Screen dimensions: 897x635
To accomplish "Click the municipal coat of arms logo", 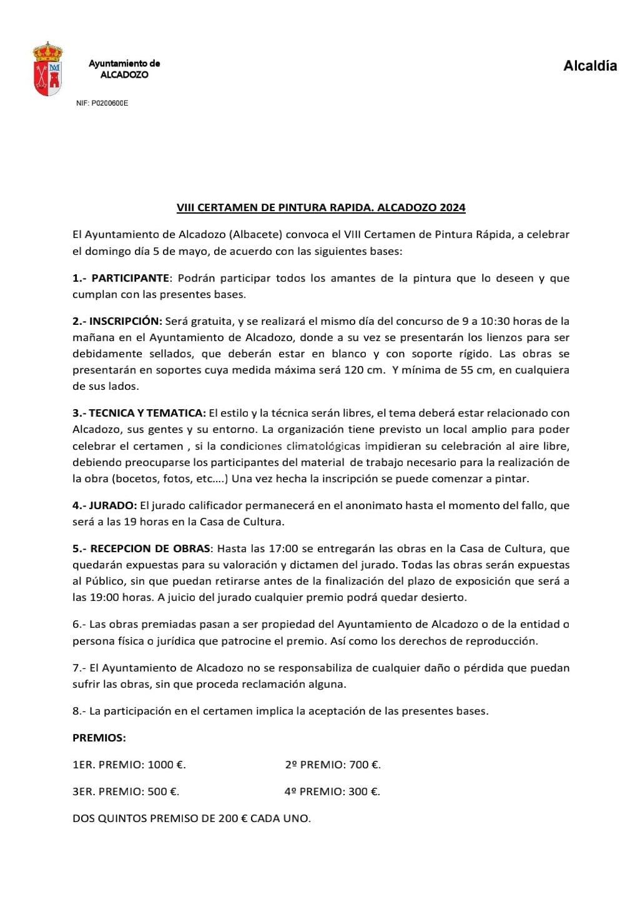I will click(47, 69).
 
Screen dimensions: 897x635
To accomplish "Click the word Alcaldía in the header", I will click(589, 66).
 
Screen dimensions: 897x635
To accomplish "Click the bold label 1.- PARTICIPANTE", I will click(121, 278).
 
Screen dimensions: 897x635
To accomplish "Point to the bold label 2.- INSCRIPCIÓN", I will click(117, 321).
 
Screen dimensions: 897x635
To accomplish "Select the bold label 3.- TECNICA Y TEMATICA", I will click(139, 413).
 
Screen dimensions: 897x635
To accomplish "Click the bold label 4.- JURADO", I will click(104, 505).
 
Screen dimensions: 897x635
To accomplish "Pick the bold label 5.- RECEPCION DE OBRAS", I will click(141, 548).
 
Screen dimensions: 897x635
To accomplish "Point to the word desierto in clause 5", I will click(443, 597).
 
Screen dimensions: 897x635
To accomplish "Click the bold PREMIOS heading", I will click(99, 738).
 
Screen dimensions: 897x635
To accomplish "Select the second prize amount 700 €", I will click(365, 765).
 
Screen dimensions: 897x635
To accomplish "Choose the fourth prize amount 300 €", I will click(364, 791).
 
